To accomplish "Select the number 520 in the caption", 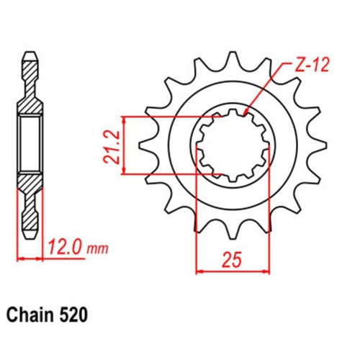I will pos(75,315).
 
